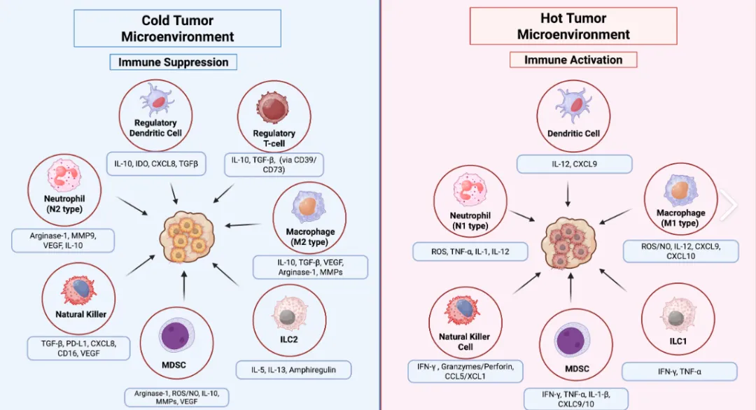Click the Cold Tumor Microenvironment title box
(x=177, y=29)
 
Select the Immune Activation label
(x=573, y=59)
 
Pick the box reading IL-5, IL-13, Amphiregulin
(x=293, y=370)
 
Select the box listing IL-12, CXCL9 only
(x=574, y=164)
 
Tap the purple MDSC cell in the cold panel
(x=177, y=335)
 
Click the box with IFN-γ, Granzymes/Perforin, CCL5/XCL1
(x=465, y=372)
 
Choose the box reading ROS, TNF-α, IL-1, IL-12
(x=470, y=251)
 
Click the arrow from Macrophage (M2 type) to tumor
(x=243, y=225)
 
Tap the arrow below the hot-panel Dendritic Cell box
(x=568, y=195)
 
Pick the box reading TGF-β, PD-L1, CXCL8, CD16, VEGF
(x=78, y=348)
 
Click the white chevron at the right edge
(x=729, y=205)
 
